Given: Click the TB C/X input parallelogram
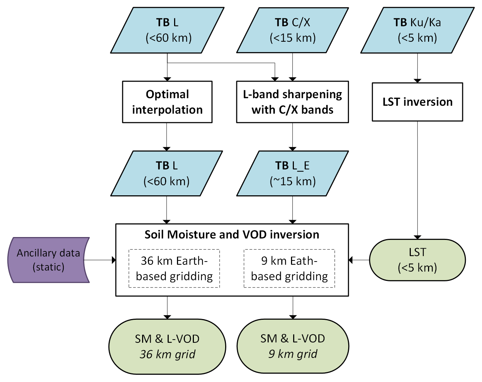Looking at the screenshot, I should [x=292, y=30].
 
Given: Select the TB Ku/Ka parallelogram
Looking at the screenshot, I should [x=417, y=30].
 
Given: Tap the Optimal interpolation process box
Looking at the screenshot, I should [x=167, y=102].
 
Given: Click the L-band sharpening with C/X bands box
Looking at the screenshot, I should [x=292, y=102].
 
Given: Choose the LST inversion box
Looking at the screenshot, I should [x=417, y=102].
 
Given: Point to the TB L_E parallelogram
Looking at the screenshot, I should [x=292, y=173].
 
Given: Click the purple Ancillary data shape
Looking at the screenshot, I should [x=48, y=260].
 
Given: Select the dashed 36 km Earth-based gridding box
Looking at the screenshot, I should [x=174, y=268].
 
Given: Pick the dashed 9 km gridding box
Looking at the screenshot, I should [x=289, y=268].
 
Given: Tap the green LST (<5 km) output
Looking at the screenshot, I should [x=417, y=260].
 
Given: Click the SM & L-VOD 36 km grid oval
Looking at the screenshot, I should [x=167, y=346].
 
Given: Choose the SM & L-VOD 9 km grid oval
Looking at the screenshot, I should [x=292, y=346].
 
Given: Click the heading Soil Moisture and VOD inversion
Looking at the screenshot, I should [x=232, y=235].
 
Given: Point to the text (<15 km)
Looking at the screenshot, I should [x=293, y=38].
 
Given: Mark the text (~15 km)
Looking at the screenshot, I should [x=293, y=181].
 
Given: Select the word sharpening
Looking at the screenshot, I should [x=312, y=94].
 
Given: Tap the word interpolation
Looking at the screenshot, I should [x=167, y=110].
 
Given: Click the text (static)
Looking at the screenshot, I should [x=48, y=267].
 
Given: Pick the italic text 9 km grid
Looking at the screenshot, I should [x=293, y=354].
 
